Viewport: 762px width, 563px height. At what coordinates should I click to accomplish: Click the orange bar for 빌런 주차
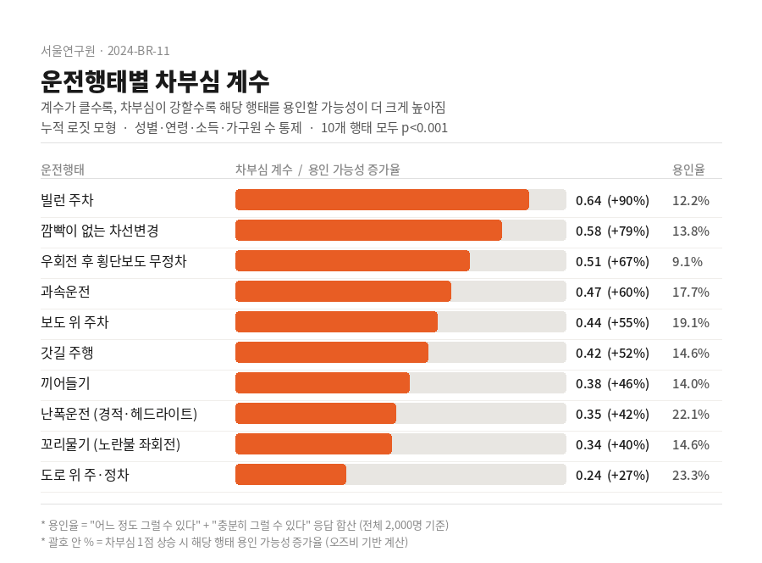coord(382,200)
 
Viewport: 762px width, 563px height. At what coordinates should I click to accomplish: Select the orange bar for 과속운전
coord(343,292)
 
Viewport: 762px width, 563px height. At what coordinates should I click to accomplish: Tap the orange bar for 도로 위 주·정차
coord(290,475)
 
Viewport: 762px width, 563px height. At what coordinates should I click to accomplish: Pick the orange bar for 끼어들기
coord(323,383)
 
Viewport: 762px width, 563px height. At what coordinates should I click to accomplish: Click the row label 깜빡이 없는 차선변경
coord(100,231)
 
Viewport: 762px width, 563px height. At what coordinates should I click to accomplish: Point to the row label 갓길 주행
coord(67,353)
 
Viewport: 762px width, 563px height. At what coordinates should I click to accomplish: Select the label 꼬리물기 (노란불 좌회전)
coord(110,444)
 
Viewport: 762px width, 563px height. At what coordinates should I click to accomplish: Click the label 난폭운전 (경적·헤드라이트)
coord(119,414)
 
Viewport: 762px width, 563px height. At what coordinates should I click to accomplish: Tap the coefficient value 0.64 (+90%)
coord(612,200)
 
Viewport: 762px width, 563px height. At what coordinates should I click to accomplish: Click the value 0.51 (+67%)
coord(612,261)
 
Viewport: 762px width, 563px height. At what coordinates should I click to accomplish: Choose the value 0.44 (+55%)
coord(612,322)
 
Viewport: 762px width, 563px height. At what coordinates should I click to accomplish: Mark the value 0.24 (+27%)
coord(612,475)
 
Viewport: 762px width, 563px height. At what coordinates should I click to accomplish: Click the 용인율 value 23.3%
coord(690,475)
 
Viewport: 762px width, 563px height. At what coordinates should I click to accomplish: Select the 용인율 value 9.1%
coord(687,261)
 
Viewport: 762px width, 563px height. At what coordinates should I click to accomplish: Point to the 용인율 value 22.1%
coord(690,414)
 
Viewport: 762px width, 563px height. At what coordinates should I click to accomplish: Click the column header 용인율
coord(688,170)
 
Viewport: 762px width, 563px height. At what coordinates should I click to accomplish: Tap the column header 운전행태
coord(63,170)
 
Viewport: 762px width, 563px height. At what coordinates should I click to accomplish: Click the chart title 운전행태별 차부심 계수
coord(155,81)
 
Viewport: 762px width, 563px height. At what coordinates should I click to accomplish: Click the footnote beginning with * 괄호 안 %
coord(224,541)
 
